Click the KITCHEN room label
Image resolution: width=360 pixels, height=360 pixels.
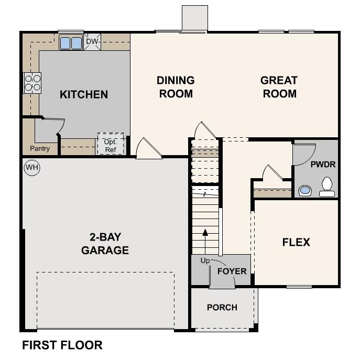click(84, 95)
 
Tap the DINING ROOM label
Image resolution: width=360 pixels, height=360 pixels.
click(176, 87)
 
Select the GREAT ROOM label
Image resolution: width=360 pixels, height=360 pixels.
click(279, 87)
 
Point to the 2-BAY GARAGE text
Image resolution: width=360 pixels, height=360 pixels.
click(105, 243)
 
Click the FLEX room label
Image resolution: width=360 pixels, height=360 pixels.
click(296, 242)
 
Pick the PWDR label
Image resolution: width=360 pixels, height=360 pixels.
click(323, 164)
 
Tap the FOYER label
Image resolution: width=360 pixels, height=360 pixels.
click(232, 271)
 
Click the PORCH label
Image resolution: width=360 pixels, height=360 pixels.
click(222, 308)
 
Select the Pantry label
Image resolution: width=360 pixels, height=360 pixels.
click(40, 149)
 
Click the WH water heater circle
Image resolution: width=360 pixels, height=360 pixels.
click(32, 168)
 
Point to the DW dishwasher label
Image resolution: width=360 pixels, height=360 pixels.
click(92, 41)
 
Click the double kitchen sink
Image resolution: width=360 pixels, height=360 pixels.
click(71, 42)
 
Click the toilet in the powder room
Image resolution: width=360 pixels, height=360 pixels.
click(328, 187)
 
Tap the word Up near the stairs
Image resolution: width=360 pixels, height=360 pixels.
click(205, 260)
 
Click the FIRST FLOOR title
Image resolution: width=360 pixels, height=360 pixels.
click(62, 345)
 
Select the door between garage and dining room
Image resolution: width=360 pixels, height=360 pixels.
click(148, 149)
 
